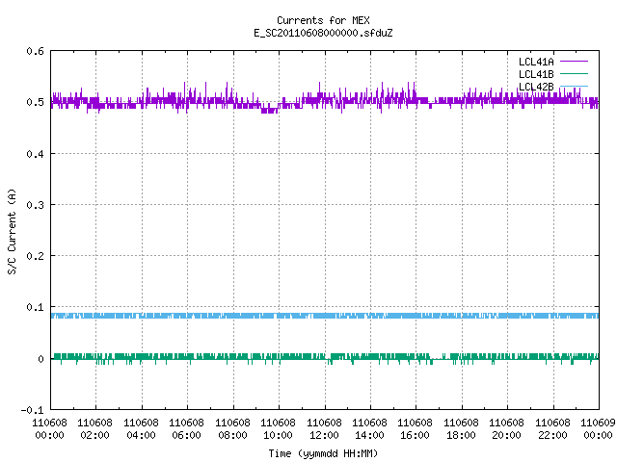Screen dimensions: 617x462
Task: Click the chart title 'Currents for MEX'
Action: tap(323, 20)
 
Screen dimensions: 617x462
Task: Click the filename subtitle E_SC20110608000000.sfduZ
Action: tap(323, 33)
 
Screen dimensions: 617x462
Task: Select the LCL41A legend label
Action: tap(536, 62)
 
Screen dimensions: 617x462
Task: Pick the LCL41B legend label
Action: tap(536, 74)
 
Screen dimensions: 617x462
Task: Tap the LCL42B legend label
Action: tap(536, 87)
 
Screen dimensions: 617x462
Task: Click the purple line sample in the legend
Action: tap(574, 62)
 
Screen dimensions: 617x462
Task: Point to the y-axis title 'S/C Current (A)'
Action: tap(13, 231)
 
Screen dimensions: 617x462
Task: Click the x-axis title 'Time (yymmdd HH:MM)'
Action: tap(323, 453)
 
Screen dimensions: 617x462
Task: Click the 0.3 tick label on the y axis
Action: tap(35, 205)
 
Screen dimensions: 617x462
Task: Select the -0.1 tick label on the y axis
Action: tap(32, 410)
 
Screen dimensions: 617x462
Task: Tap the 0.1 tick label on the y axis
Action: tap(35, 307)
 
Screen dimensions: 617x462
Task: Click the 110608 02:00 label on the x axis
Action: tap(94, 429)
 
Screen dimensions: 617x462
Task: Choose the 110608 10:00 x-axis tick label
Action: tap(279, 429)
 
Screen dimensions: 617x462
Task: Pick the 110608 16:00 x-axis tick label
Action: tap(416, 429)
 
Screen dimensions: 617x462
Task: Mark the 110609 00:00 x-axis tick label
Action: tap(598, 429)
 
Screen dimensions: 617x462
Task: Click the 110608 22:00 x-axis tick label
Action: tap(552, 429)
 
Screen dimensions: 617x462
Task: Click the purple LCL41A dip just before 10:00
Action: tap(270, 111)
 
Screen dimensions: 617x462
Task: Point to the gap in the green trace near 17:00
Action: tap(437, 359)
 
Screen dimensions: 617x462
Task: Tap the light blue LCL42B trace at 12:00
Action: tap(325, 316)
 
